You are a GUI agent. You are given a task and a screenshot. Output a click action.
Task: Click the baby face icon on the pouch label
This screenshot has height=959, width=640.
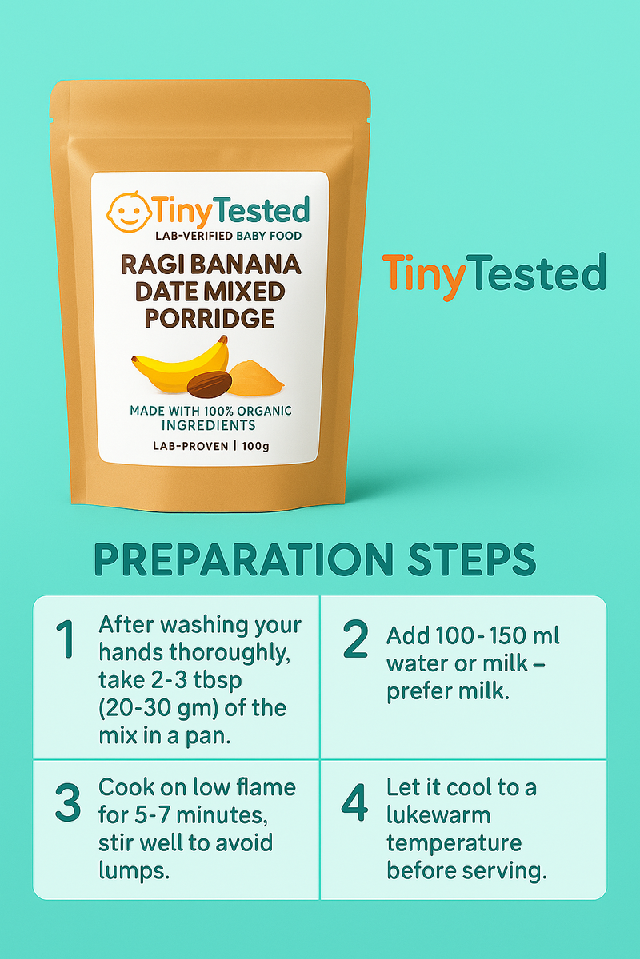coord(129,213)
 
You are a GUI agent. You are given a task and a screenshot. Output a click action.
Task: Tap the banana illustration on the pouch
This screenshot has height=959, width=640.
coord(180,366)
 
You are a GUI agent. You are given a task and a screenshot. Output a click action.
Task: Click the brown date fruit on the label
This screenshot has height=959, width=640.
coord(209,384)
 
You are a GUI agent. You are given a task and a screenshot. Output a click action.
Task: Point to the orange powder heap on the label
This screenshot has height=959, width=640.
coord(255,377)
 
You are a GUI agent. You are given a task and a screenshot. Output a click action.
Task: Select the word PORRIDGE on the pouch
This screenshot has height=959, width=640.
coord(210,319)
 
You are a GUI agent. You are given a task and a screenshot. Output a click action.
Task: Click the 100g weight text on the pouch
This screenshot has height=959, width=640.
coord(255,446)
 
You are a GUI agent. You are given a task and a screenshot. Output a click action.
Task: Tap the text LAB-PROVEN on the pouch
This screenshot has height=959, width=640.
coord(190,446)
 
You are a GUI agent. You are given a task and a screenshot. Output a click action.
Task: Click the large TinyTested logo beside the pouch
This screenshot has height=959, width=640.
coord(494,275)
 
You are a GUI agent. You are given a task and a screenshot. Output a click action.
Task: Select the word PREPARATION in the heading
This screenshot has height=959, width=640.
coord(243,559)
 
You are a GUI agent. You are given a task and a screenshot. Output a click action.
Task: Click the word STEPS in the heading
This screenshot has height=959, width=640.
coord(471,559)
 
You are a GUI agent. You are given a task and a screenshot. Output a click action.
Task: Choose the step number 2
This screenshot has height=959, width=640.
coord(355,639)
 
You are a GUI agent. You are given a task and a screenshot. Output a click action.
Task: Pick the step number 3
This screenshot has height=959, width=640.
coord(68,802)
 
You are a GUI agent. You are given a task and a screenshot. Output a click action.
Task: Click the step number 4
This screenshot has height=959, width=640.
coord(354,802)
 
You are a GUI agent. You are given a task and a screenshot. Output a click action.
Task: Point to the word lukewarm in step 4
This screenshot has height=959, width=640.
coord(438,816)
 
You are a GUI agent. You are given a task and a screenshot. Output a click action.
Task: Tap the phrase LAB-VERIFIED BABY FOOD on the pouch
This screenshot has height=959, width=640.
coord(229,236)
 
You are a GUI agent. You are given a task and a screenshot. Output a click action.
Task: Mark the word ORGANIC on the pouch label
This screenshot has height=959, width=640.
coord(265,411)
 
